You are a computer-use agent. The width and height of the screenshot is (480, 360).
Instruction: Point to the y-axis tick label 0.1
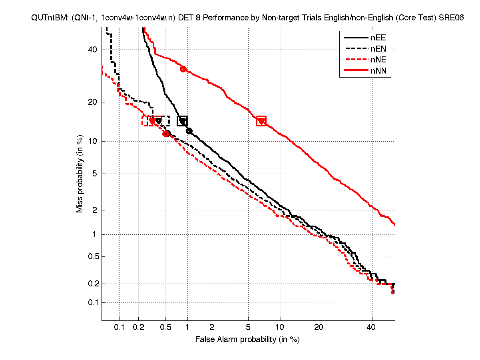(x=92, y=302)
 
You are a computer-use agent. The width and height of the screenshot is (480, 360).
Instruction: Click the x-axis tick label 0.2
(x=138, y=328)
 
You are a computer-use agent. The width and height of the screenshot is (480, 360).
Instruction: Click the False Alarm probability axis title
(x=247, y=340)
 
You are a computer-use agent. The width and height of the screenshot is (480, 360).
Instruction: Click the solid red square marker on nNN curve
(x=261, y=121)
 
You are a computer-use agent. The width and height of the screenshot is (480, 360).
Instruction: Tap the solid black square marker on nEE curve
(x=182, y=121)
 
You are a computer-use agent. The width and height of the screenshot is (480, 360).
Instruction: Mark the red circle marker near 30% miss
(x=183, y=69)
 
